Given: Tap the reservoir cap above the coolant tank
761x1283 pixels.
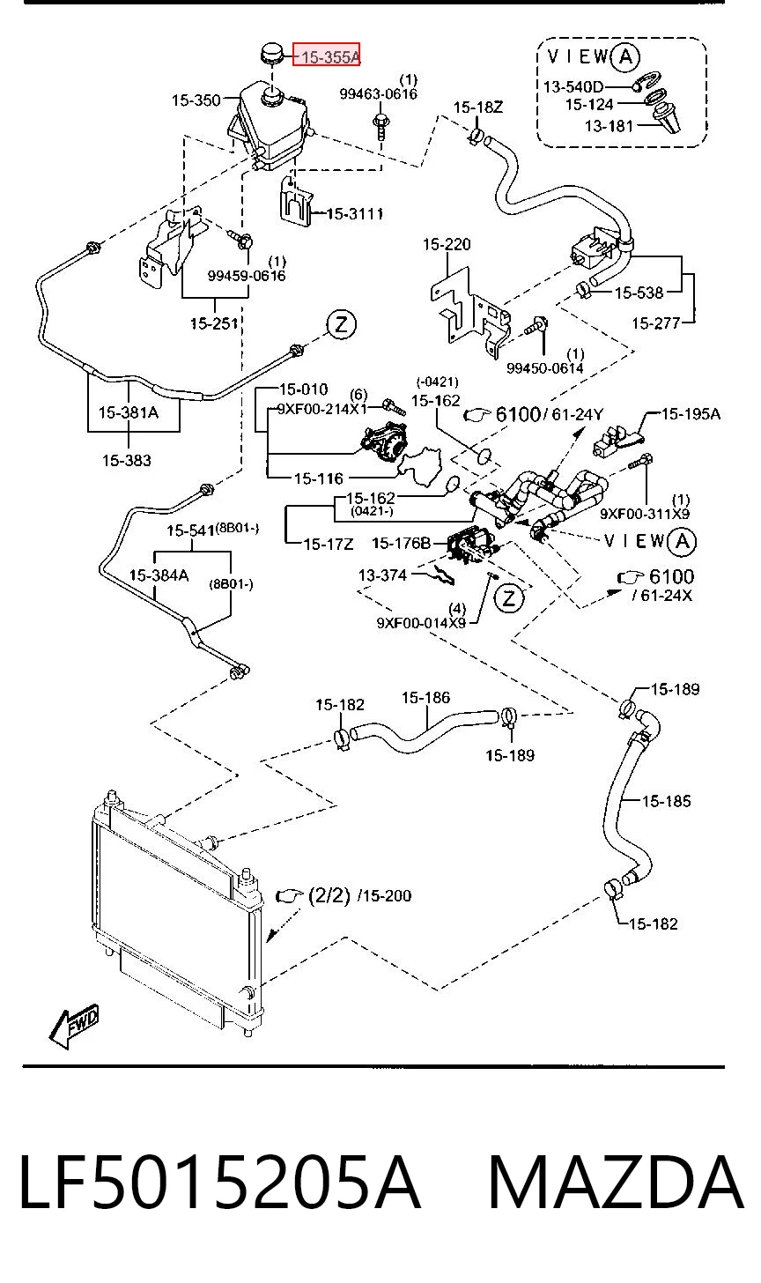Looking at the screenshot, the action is click(272, 53).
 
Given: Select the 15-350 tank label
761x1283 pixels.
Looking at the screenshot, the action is click(196, 100).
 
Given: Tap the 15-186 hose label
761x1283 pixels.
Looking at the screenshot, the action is click(425, 698).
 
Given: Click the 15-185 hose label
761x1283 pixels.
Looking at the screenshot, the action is click(667, 801).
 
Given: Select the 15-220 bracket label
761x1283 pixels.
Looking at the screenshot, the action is click(447, 245).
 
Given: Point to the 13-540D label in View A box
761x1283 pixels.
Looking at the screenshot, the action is click(573, 87).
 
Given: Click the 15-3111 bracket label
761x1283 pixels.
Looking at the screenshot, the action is click(355, 213).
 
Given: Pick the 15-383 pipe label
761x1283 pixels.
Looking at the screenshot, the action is click(127, 460).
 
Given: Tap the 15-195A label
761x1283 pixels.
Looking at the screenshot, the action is click(691, 413).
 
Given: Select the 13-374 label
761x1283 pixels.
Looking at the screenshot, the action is click(382, 575).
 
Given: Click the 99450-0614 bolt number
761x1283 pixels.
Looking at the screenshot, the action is click(544, 367).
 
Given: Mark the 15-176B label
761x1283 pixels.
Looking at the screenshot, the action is click(401, 543).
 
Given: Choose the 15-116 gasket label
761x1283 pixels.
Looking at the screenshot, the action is click(318, 478).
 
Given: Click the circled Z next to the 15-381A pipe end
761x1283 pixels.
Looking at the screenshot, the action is click(341, 325).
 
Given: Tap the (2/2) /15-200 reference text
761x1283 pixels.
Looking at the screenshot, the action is click(359, 895).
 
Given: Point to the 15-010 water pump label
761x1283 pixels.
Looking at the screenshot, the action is click(304, 389).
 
